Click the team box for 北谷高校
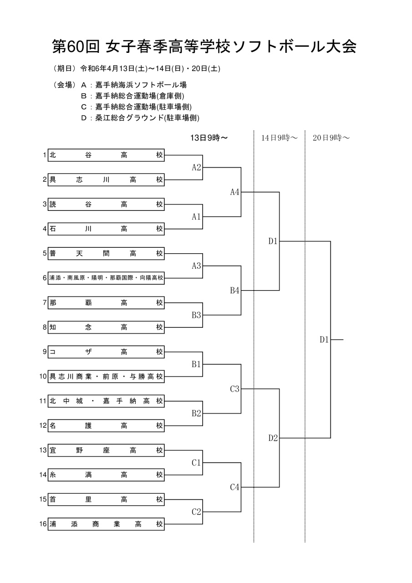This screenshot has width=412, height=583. point(106,155)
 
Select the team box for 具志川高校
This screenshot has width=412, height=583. point(106,179)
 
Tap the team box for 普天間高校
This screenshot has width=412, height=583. point(106,253)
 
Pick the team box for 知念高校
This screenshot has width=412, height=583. point(106,327)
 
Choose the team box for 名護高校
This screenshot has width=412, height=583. point(106,425)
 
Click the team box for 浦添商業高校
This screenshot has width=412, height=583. point(106,524)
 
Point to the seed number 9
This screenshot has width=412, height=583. point(45,352)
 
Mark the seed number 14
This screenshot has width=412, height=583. point(43,475)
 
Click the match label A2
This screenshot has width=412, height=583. point(196,167)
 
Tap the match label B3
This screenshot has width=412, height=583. point(196,315)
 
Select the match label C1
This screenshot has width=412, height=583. point(196,462)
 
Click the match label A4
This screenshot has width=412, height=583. point(234,192)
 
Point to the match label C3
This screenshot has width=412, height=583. point(234,389)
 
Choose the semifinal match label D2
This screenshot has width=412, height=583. point(273,438)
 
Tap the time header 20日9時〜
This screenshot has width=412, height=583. point(331,138)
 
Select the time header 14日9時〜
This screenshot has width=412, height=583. point(280,138)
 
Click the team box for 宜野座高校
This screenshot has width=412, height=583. point(106,450)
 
